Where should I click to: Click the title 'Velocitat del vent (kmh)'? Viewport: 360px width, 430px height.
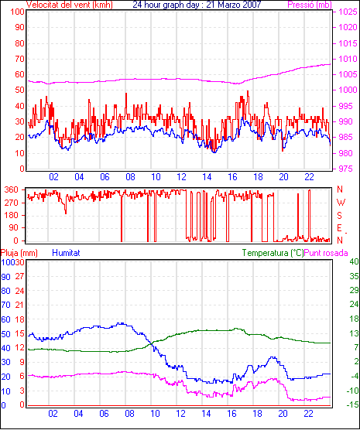70,5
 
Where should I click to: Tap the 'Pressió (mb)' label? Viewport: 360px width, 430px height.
310,5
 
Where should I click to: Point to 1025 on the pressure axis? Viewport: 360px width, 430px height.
348,12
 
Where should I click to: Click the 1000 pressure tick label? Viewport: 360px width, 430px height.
348,90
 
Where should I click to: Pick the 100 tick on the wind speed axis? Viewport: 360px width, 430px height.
17,12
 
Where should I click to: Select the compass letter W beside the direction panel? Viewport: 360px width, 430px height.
341,203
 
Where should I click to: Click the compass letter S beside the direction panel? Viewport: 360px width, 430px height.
339,216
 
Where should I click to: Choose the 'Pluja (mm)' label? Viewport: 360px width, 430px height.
19,253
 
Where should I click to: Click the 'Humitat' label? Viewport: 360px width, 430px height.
66,253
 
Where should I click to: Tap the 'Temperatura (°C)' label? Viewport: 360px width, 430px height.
273,253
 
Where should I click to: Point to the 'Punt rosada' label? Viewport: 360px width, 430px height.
326,253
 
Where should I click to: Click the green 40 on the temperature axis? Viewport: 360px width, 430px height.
354,261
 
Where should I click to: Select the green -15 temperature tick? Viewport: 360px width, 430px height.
353,404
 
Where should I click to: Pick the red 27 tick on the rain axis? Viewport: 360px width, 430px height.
20,276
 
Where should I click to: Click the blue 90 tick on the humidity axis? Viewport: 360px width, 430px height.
5,277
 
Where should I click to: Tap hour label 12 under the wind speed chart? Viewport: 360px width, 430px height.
181,177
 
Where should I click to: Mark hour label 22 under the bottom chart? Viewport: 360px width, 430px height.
308,413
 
